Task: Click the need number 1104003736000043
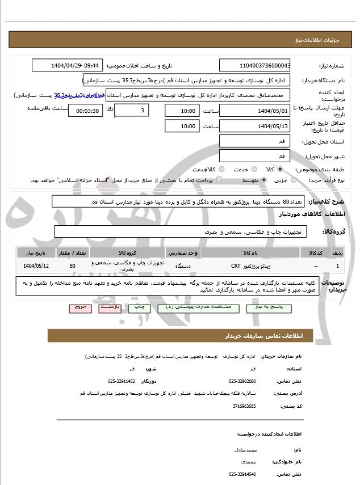coord(255,65)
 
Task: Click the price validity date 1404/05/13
coord(255,126)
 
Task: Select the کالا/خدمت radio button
coord(221,169)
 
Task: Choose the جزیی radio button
coord(294,180)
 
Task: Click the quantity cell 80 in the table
coord(72,265)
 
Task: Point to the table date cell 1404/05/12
coord(36,265)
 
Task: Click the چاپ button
coord(139,307)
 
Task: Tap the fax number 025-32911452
coord(122,381)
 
